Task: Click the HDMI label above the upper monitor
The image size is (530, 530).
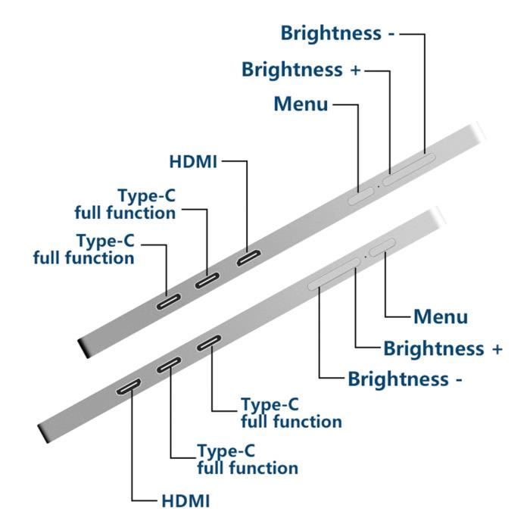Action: click(193, 161)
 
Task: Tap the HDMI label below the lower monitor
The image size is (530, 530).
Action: click(185, 501)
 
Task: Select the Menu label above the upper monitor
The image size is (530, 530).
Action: click(301, 104)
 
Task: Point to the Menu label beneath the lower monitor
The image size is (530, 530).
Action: click(441, 316)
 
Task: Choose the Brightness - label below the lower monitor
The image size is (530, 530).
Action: click(404, 379)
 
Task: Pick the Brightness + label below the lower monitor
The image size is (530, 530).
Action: click(443, 348)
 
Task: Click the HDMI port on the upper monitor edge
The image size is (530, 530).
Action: click(249, 259)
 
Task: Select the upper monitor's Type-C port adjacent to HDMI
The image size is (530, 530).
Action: click(207, 281)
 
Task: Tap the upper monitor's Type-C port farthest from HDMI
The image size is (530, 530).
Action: click(167, 302)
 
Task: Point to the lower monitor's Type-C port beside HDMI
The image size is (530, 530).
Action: click(169, 366)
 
